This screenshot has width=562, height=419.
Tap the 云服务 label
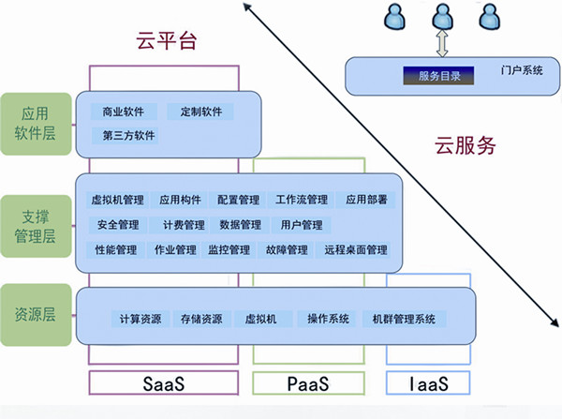point(465,145)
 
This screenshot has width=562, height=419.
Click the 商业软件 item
point(124,112)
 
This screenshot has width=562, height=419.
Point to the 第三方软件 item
point(129,135)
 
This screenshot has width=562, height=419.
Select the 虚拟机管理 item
point(117,200)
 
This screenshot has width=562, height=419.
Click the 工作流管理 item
point(302,200)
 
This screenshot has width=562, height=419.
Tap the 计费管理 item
point(183,225)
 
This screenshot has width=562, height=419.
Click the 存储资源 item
point(201,319)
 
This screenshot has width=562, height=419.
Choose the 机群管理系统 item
point(404,319)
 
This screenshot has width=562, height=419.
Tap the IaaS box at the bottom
point(427,384)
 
